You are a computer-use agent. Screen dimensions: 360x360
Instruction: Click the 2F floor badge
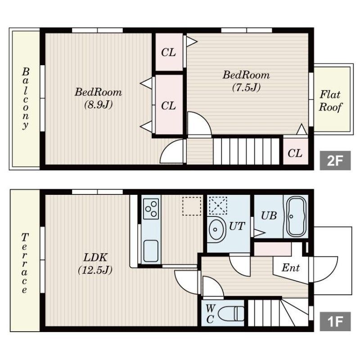[x=335, y=161]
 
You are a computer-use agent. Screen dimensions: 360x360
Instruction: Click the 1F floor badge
[x=335, y=321]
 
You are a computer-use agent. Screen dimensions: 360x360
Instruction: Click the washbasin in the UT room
[x=216, y=229]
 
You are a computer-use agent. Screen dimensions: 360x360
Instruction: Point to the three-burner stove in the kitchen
[x=151, y=209]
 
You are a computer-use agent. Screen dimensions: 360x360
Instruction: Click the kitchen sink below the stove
[x=151, y=251]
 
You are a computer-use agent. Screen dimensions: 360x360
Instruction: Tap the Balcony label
[x=25, y=99]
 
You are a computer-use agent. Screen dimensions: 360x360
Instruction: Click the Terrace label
[x=24, y=263]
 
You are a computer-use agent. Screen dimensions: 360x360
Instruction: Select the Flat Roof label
[x=330, y=101]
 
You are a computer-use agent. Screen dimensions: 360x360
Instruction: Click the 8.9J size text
[x=98, y=105]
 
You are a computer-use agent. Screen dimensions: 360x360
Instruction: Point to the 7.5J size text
[x=246, y=87]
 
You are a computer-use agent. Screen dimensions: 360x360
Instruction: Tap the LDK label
[x=95, y=257]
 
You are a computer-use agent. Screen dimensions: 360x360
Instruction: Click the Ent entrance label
[x=290, y=267]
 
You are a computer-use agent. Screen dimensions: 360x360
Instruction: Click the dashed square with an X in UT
[x=218, y=206]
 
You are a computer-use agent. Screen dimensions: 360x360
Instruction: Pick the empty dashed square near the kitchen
[x=192, y=206]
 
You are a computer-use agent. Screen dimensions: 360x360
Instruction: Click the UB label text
[x=269, y=216]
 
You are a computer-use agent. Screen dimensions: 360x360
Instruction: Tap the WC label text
[x=210, y=313]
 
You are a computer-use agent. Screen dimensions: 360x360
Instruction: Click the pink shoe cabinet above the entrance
[x=273, y=249]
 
